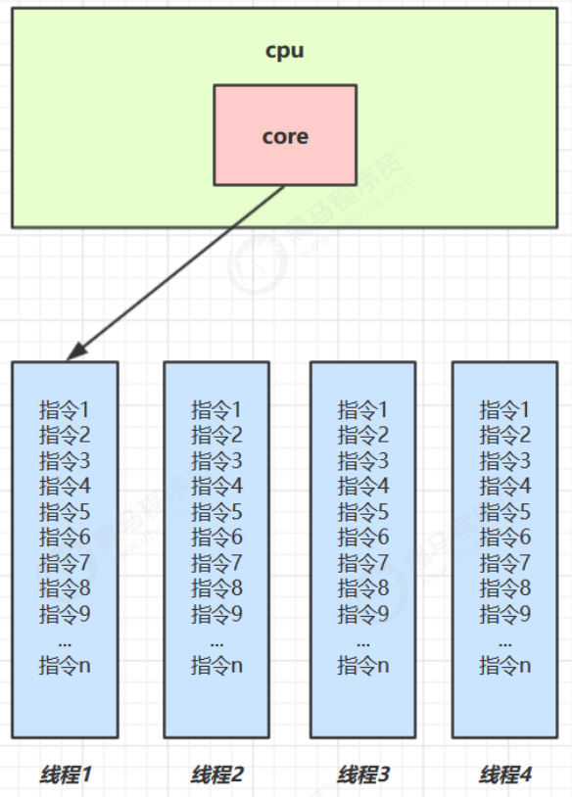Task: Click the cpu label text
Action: click(x=284, y=51)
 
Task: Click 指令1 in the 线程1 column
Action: click(x=65, y=409)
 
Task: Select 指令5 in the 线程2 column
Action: click(x=216, y=511)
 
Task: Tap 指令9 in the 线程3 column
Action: click(x=363, y=614)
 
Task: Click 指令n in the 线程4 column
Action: click(x=505, y=666)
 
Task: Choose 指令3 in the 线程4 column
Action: click(x=505, y=460)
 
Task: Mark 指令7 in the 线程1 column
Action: click(x=65, y=563)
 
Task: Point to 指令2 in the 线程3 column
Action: click(x=363, y=435)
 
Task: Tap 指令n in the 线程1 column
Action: click(x=65, y=666)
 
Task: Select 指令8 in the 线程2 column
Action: click(x=216, y=588)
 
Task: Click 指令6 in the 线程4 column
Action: click(x=505, y=537)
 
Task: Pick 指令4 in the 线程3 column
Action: click(x=363, y=486)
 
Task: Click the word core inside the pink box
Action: click(x=285, y=136)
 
